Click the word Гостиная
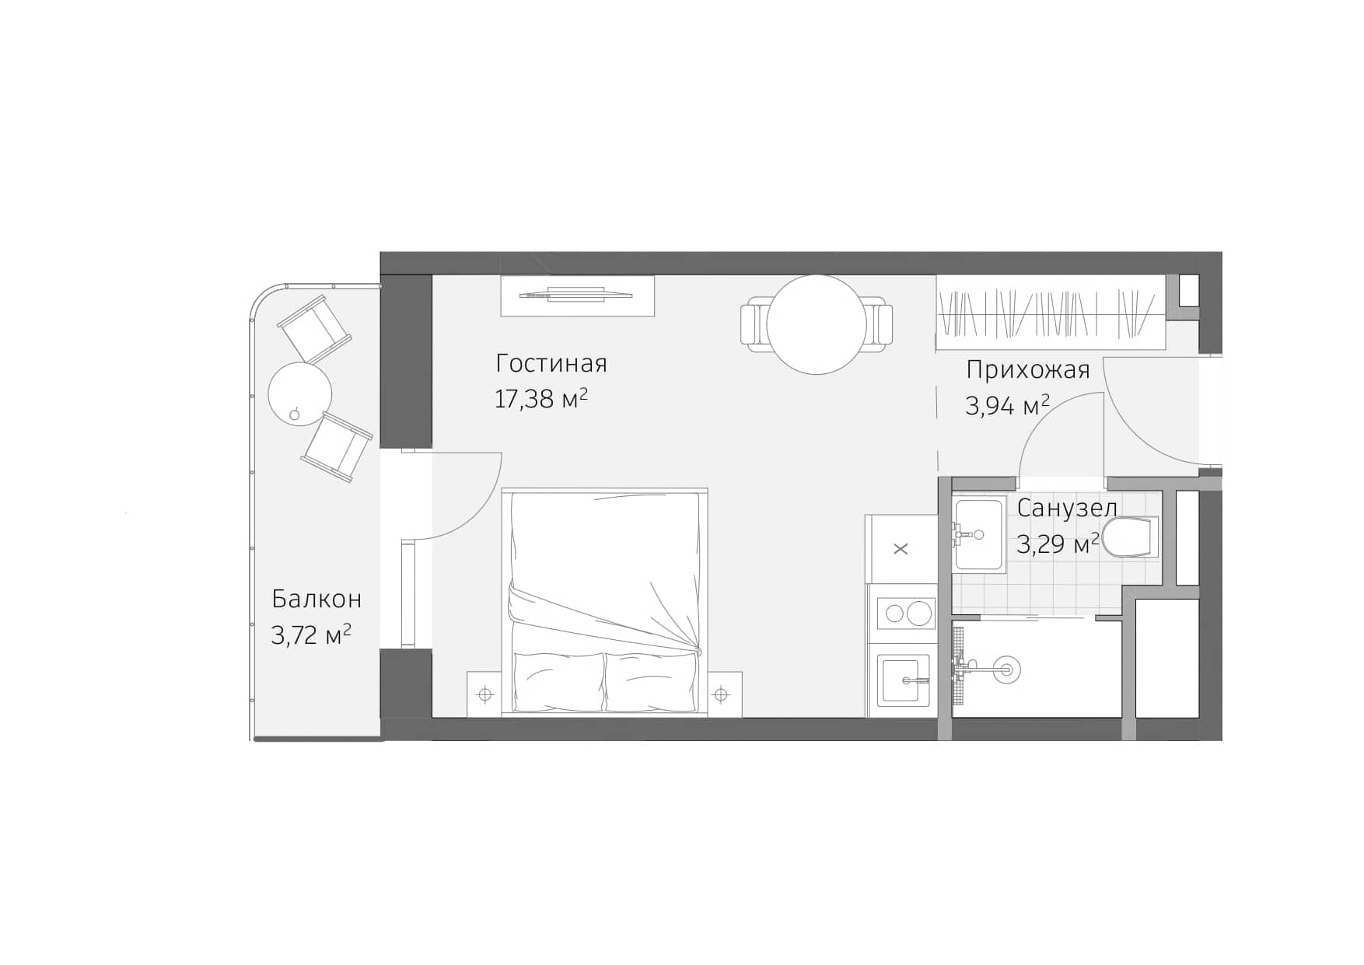coord(551,364)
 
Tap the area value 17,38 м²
coord(540,399)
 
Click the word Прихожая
coord(1027,370)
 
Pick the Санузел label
coord(1067,508)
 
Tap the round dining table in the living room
coord(816,324)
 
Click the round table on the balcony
coord(299,393)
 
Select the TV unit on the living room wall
coord(576,295)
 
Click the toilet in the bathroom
coord(1131,537)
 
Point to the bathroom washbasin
coord(978,534)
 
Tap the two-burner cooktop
coord(905,614)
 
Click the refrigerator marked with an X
coord(901,549)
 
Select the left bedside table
coord(485,694)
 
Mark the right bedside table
coord(722,694)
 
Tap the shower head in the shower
coord(1006,667)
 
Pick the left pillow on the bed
coord(558,680)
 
